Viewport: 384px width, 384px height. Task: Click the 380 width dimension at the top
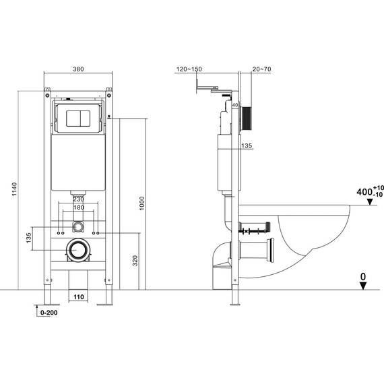78,68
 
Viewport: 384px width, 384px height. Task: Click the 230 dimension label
79,199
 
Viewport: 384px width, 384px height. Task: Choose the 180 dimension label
79,207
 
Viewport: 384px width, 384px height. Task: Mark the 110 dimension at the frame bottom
78,296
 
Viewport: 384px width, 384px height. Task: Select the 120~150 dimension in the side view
189,69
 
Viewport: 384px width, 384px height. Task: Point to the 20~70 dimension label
262,69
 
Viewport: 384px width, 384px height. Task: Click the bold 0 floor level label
364,276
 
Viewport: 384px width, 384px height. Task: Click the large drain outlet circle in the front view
79,251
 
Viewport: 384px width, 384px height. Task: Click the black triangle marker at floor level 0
364,286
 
